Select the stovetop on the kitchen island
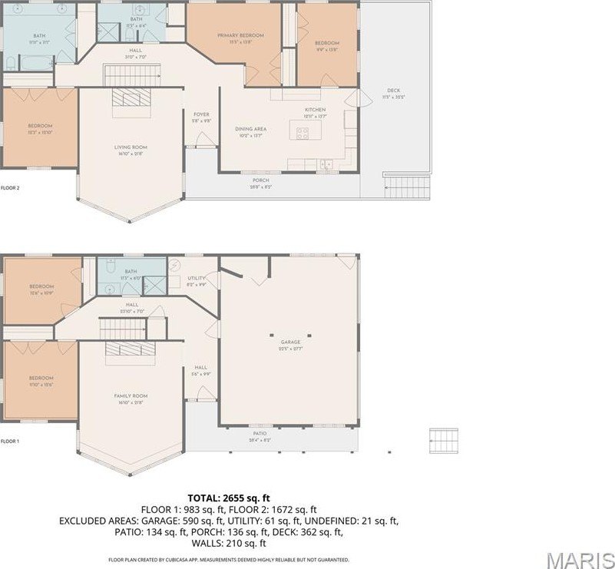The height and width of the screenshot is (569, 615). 303,131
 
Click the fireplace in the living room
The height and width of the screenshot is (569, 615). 130,101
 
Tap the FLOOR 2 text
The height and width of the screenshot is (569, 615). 10,187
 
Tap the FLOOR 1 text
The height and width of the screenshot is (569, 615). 10,441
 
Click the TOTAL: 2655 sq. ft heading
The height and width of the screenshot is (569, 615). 228,497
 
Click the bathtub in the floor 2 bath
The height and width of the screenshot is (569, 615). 28,61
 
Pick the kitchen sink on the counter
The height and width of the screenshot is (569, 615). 327,163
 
